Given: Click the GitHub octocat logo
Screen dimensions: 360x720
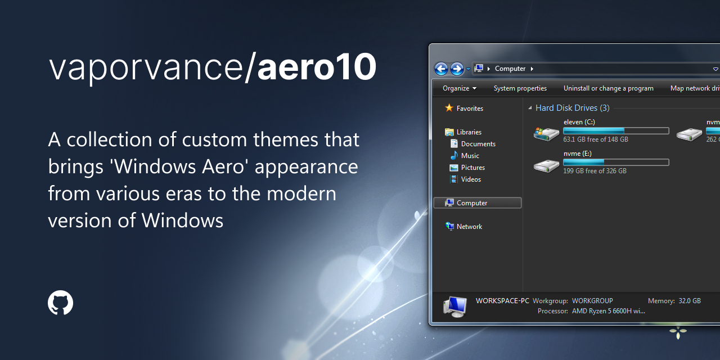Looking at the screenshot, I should coord(60,303).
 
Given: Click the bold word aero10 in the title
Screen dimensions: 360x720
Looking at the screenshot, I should coord(317,68).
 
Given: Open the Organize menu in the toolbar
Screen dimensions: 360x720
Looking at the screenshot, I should coord(459,88).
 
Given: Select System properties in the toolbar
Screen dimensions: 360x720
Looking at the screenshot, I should coord(520,88).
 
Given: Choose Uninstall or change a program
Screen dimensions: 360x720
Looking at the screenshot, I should coord(608,88).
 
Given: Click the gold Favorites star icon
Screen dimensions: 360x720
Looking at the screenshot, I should coord(449,108).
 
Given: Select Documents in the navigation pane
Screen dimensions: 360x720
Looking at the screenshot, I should coord(478,144).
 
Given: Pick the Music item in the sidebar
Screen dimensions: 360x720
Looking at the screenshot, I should coord(470,156).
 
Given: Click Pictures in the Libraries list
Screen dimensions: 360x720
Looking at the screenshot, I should coord(472,168).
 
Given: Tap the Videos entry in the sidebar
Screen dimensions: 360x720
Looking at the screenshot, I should coord(471,179).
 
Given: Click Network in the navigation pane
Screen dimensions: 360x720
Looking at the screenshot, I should coord(469,227).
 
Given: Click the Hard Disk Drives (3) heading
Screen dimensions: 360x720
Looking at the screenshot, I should coord(572,108).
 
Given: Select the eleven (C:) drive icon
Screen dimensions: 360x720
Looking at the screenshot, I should coord(546,133).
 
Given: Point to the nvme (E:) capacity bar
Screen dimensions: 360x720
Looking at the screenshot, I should coord(616,163).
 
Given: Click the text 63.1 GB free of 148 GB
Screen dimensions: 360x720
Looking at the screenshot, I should coord(595,139).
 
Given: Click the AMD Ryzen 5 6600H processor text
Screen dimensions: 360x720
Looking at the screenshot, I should coord(608,310).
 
